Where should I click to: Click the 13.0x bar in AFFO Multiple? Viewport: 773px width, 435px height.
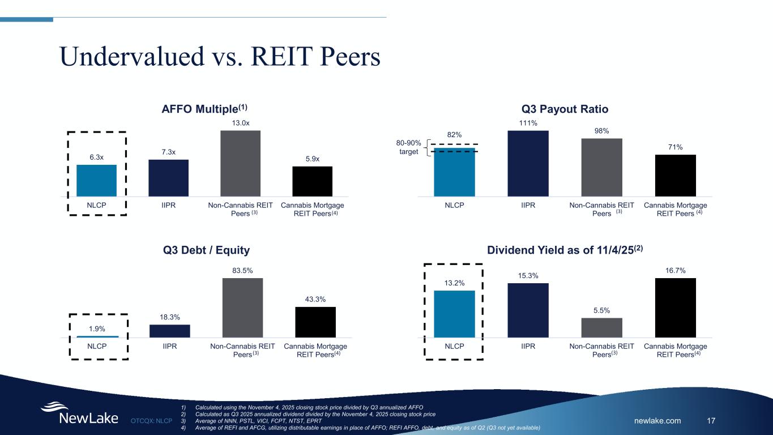coord(240,163)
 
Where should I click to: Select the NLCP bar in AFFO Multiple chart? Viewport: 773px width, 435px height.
coord(96,180)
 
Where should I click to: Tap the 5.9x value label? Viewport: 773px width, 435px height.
coord(312,159)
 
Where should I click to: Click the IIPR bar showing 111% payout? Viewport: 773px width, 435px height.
coord(528,163)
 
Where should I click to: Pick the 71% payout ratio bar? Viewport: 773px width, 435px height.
coord(675,175)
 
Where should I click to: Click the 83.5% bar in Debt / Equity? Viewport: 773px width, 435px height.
coord(242,308)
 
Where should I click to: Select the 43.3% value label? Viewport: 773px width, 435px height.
coord(315,300)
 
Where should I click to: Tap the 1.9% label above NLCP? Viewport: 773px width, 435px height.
coord(97,329)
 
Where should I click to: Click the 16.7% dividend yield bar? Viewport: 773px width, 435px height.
coord(675,308)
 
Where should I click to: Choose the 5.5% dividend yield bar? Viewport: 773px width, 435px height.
coord(601,327)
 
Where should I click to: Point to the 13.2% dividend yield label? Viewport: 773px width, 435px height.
coord(454,283)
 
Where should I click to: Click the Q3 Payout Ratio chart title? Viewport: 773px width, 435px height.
coord(564,108)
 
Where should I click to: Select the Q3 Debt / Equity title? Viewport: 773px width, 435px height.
coord(206,250)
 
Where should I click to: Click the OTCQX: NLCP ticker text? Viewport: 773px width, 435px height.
coord(151,421)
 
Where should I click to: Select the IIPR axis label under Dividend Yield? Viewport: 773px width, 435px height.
coord(528,346)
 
